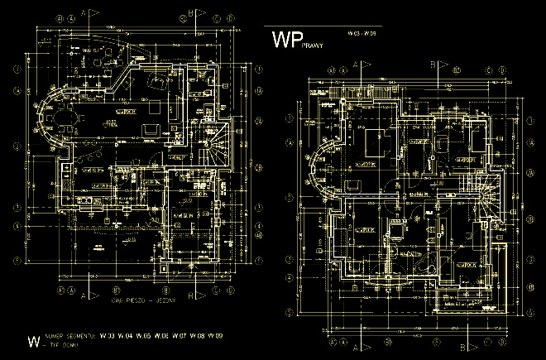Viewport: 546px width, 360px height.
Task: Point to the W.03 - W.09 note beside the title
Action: (362, 33)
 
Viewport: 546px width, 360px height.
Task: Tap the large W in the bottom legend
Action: (34, 340)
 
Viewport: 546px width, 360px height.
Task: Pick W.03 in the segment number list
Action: (106, 335)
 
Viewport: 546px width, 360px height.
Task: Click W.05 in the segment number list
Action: (142, 335)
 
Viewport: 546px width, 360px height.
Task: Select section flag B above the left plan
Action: (191, 14)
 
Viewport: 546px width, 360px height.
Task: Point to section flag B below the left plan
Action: (191, 294)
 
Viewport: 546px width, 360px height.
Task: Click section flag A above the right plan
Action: (356, 64)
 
